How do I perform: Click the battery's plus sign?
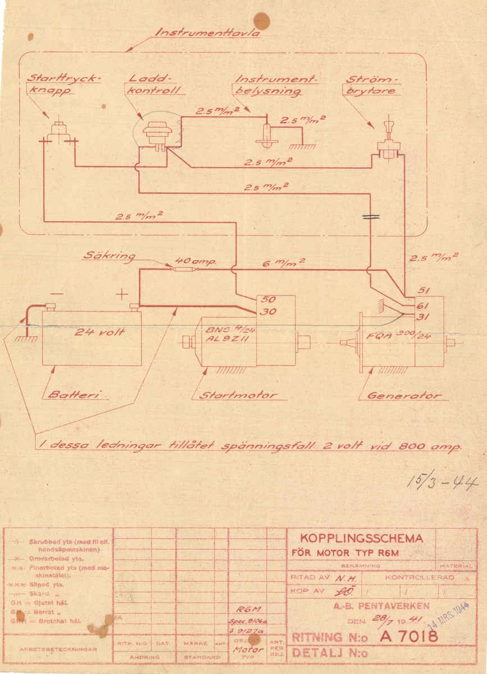coord(122,293)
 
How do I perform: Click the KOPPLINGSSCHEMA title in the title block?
coord(361,538)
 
